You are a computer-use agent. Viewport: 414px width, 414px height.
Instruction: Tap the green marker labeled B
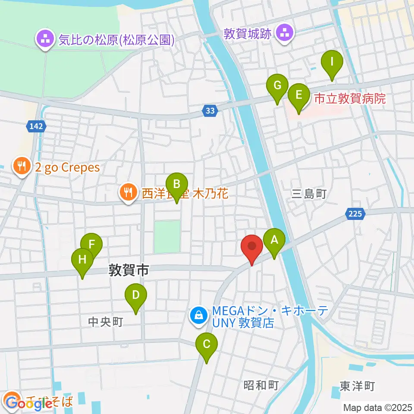pyautogui.click(x=176, y=185)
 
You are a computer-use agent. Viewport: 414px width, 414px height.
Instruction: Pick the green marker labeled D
pyautogui.click(x=136, y=296)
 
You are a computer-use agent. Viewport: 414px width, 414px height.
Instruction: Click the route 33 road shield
pyautogui.click(x=210, y=111)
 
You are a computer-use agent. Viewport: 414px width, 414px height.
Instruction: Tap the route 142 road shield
pyautogui.click(x=37, y=126)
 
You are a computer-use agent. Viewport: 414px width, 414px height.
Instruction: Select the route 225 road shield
pyautogui.click(x=355, y=213)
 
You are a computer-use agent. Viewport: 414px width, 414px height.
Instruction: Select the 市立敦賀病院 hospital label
pyautogui.click(x=349, y=99)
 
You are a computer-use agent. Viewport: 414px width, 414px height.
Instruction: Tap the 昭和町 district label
pyautogui.click(x=261, y=385)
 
